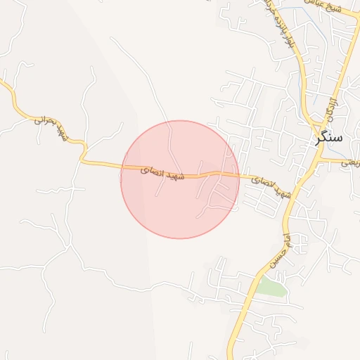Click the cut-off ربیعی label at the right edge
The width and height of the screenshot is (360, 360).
point(350,162)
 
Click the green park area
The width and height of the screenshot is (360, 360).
point(271,286)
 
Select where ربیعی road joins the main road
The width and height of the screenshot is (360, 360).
point(319,160)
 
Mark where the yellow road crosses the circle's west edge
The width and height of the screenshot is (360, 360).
point(122,168)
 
